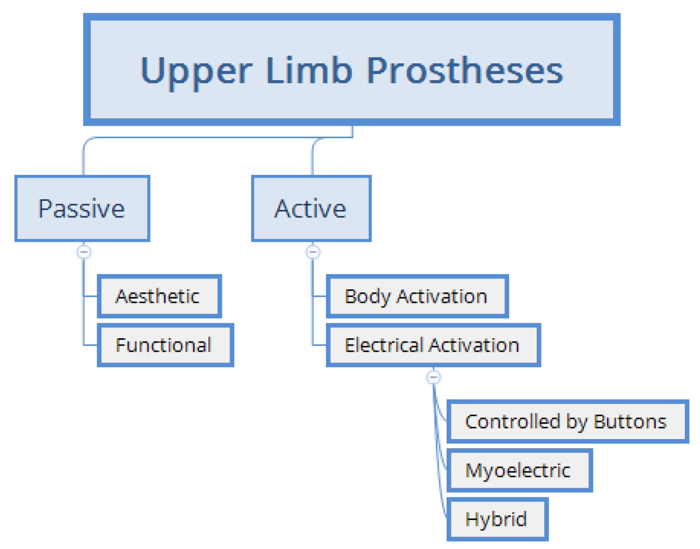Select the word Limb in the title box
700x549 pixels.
[309, 70]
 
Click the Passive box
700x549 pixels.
[82, 208]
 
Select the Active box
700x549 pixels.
[311, 208]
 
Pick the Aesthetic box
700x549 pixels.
[159, 296]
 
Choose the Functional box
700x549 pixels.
[165, 345]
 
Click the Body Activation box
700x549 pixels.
[417, 296]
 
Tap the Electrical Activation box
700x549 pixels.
[433, 345]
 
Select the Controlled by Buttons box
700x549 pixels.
[568, 421]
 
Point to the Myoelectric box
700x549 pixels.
[520, 470]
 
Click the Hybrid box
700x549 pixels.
[497, 519]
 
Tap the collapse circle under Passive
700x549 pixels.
[84, 252]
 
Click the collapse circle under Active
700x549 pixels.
[313, 252]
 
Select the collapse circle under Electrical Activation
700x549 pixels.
[434, 377]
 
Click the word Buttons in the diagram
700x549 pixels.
[630, 421]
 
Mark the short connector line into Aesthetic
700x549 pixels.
[90, 296]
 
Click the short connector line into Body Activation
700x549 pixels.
[320, 296]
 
